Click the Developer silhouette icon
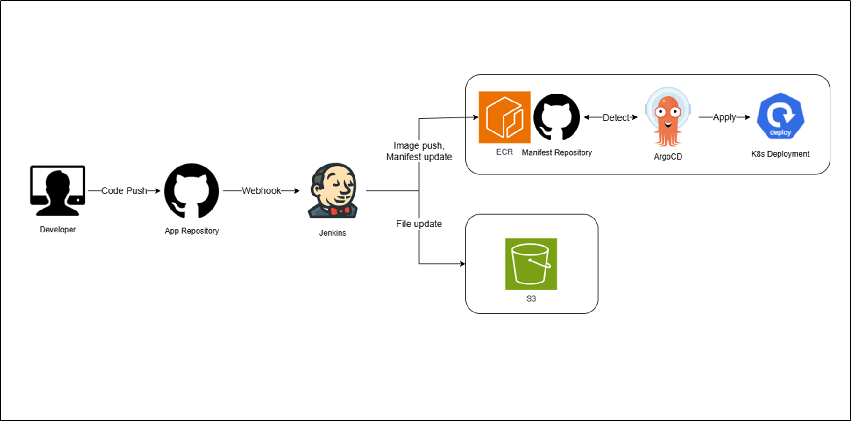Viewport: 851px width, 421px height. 57,190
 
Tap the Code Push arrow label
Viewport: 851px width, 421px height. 124,191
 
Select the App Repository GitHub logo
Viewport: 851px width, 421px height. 191,190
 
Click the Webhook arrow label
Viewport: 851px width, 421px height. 261,191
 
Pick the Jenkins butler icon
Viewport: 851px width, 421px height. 333,190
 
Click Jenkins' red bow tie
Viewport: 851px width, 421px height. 340,210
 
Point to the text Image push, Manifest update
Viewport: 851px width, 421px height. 419,151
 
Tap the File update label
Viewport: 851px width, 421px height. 419,224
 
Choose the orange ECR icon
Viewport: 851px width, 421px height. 504,117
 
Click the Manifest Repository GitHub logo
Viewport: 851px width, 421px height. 556,117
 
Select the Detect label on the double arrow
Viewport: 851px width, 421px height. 616,118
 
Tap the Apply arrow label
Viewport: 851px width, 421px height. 724,117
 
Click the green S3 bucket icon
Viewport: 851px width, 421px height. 531,264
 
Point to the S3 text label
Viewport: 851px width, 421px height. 531,299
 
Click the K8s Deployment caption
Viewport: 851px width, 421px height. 780,154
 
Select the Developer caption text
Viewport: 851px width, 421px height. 57,230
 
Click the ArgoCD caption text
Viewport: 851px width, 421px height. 668,157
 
